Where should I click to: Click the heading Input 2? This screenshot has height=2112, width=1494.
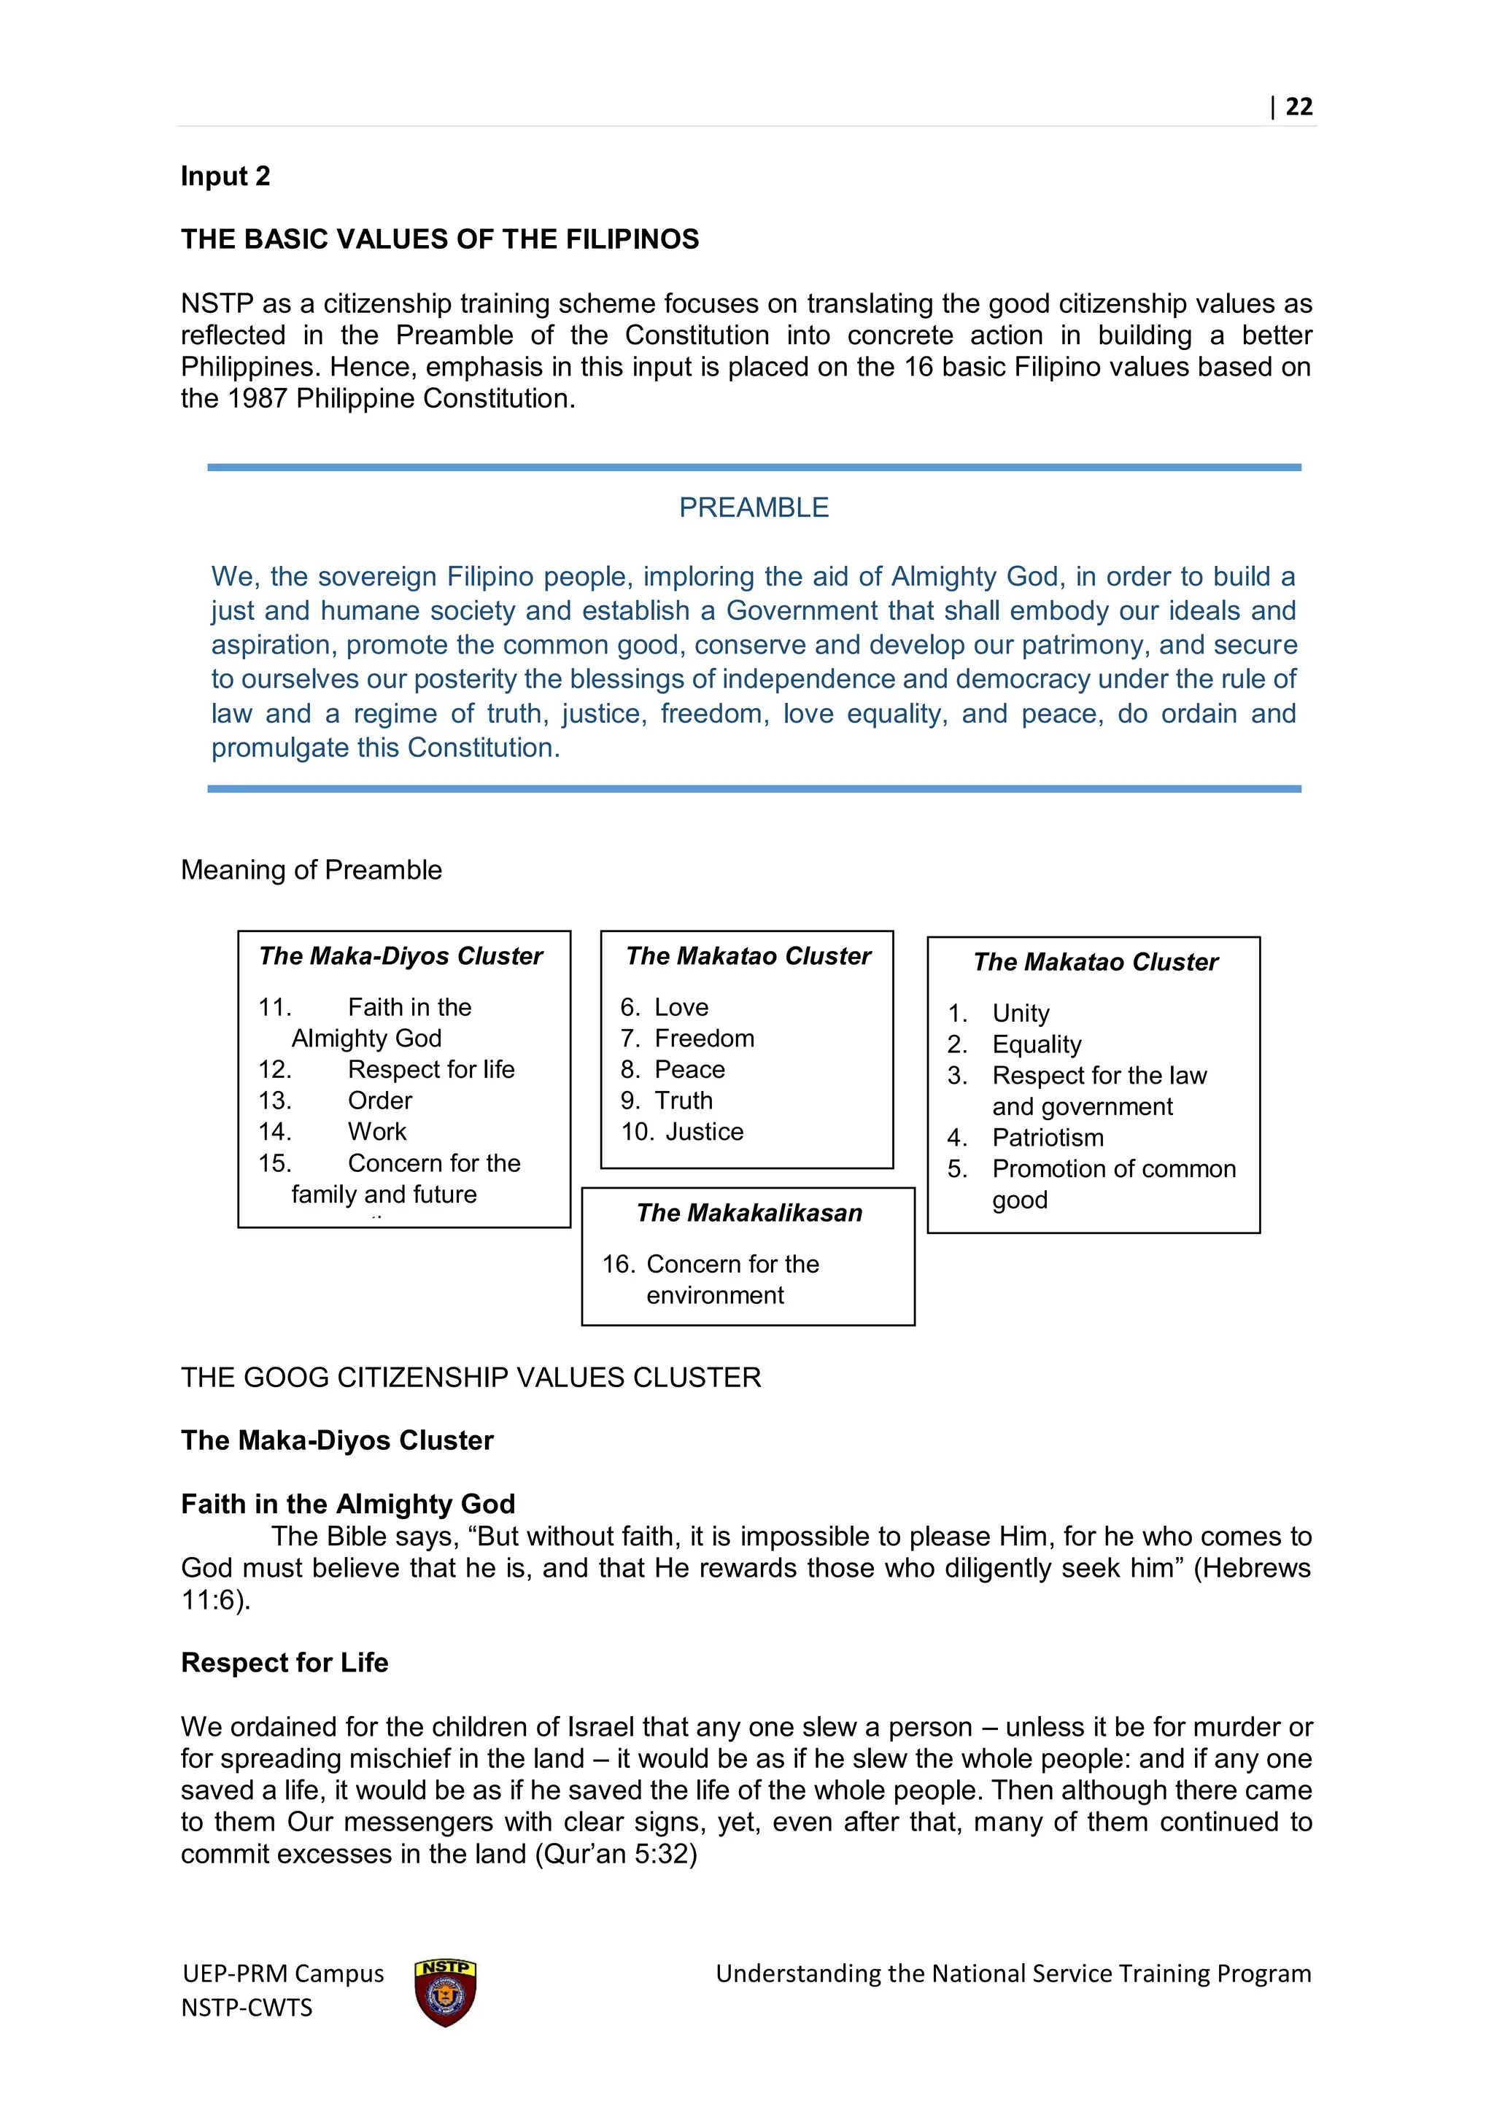click(x=225, y=176)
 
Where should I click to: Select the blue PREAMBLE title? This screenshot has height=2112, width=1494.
click(x=754, y=508)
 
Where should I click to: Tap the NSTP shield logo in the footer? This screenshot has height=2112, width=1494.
click(x=445, y=1992)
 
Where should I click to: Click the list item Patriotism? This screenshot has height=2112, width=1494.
click(x=1047, y=1138)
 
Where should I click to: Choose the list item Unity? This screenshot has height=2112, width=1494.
click(x=1021, y=1014)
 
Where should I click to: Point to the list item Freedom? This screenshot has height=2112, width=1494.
click(x=704, y=1038)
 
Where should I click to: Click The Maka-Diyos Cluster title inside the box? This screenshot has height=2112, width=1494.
click(x=401, y=957)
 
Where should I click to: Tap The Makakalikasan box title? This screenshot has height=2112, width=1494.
click(x=749, y=1214)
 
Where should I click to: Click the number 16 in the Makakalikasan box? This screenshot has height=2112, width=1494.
click(x=617, y=1265)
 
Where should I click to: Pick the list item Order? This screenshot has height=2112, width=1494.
click(x=380, y=1101)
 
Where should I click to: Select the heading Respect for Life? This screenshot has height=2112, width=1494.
click(x=285, y=1663)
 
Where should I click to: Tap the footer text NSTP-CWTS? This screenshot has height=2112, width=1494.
click(x=247, y=2008)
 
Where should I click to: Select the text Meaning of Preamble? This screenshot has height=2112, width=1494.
click(x=311, y=870)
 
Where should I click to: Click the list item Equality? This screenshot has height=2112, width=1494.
click(x=1036, y=1045)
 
